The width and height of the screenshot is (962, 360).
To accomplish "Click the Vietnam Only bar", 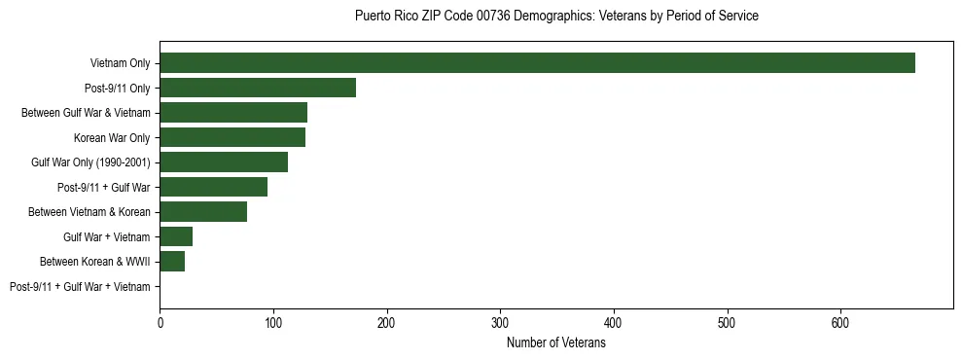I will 537,63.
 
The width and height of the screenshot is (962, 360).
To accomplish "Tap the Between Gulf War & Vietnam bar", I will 233,112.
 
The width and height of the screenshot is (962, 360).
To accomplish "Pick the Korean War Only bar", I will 232,137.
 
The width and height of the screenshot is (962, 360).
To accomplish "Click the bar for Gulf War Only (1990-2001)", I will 224,162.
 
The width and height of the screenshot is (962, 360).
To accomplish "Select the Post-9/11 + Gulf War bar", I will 213,187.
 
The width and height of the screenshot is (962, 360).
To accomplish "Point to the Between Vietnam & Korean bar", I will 203,211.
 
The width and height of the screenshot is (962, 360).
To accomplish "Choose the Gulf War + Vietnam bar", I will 176,236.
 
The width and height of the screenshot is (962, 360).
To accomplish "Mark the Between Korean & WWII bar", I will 172,261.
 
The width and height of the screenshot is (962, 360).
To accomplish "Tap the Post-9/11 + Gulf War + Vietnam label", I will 80,286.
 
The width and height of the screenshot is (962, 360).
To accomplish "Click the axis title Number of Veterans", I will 556,342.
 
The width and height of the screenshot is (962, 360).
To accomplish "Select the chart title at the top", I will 556,17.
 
